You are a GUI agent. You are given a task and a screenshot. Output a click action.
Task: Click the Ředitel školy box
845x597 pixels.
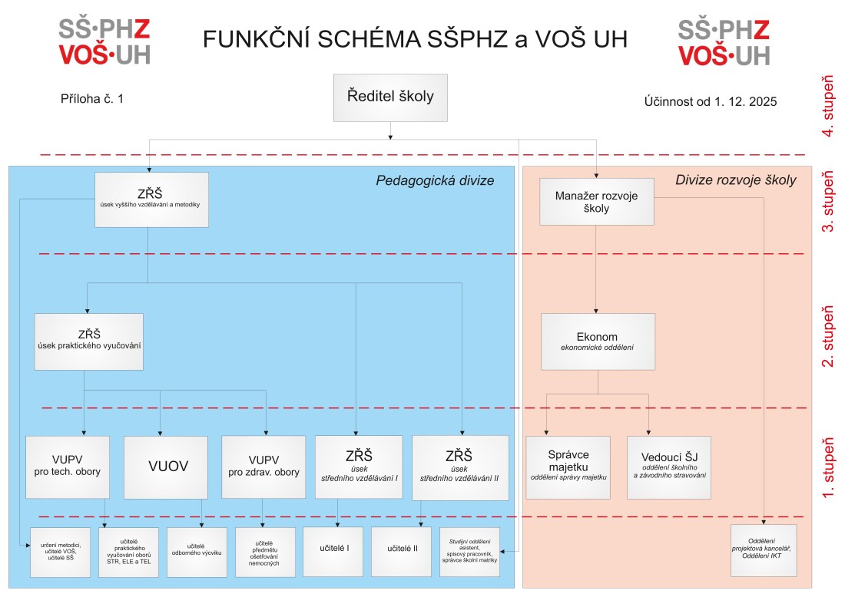390,97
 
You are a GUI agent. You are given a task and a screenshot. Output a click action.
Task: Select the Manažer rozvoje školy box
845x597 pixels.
596,202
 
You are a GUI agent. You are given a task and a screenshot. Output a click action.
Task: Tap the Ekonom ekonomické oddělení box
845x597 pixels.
597,341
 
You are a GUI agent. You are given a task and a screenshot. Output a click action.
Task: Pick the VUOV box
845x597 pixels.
166,467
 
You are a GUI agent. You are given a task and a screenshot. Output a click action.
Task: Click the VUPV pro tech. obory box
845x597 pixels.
68,467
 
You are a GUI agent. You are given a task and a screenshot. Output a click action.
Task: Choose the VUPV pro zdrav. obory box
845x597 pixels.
263,467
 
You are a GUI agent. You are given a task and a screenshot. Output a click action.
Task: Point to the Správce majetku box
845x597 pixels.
568,467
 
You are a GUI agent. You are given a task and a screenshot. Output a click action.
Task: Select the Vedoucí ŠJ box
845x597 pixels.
668,467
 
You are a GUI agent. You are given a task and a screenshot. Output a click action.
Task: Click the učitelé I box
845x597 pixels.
336,552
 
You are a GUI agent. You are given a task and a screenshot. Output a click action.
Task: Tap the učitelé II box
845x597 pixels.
403,552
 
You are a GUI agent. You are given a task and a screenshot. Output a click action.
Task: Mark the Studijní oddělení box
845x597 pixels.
469,552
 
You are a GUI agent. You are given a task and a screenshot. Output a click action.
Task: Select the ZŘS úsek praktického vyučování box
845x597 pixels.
88,341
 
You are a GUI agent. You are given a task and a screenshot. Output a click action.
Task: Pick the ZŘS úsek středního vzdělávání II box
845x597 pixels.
459,467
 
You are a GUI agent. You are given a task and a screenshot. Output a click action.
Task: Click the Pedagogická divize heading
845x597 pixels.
434,181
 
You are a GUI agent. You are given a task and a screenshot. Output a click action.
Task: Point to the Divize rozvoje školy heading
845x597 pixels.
735,181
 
